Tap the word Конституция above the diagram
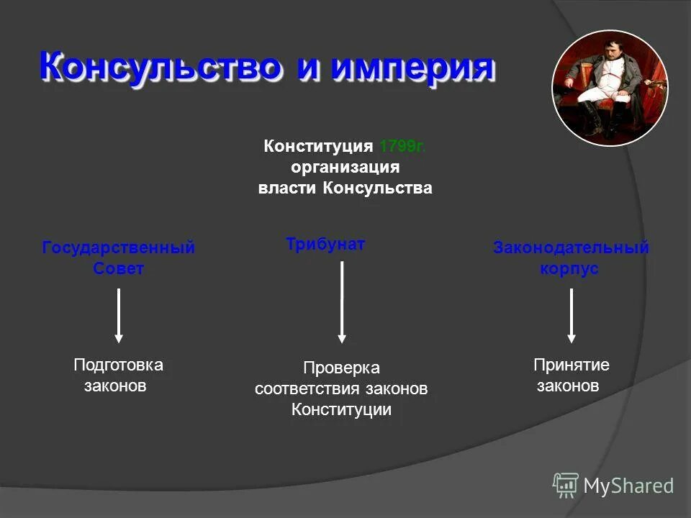coord(317,147)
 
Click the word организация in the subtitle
coord(345,168)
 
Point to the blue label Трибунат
coord(325,244)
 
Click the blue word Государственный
coord(118,247)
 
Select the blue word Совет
coord(118,268)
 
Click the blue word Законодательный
coord(570,247)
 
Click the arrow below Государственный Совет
coord(119,315)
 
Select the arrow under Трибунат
coord(342,301)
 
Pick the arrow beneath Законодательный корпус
coord(571,315)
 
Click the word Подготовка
coord(118,365)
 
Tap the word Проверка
coord(341,368)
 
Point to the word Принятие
coord(571,365)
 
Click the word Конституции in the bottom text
coord(341,410)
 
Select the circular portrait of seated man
coord(610,88)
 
